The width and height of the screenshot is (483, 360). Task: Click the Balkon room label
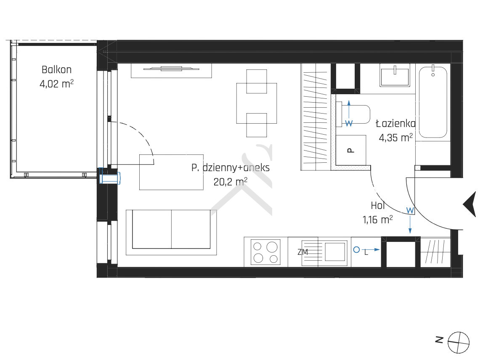click(x=56, y=69)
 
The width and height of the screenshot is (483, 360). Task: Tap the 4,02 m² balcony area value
click(x=56, y=83)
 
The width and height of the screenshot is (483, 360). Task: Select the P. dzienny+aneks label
click(x=231, y=168)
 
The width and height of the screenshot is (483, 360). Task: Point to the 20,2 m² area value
click(x=231, y=182)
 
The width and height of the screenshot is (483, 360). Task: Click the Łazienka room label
click(x=395, y=124)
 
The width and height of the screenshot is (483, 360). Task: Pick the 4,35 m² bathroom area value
click(x=395, y=138)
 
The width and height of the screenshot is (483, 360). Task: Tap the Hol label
click(x=378, y=205)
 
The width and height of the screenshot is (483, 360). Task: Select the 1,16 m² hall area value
click(x=378, y=220)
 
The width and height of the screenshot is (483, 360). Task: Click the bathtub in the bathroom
click(x=433, y=102)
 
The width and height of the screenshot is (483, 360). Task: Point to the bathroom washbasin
click(x=395, y=75)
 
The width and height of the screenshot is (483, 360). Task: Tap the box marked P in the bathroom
click(x=351, y=150)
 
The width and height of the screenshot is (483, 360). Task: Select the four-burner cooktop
click(x=265, y=252)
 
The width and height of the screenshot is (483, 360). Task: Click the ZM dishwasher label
click(x=303, y=252)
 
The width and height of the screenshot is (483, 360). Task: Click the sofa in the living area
click(x=171, y=232)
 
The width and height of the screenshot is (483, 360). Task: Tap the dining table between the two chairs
click(x=257, y=103)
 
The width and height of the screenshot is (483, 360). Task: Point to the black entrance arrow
click(x=470, y=204)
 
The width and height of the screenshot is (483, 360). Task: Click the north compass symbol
click(x=458, y=342)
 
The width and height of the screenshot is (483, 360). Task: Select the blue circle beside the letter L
click(x=356, y=250)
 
